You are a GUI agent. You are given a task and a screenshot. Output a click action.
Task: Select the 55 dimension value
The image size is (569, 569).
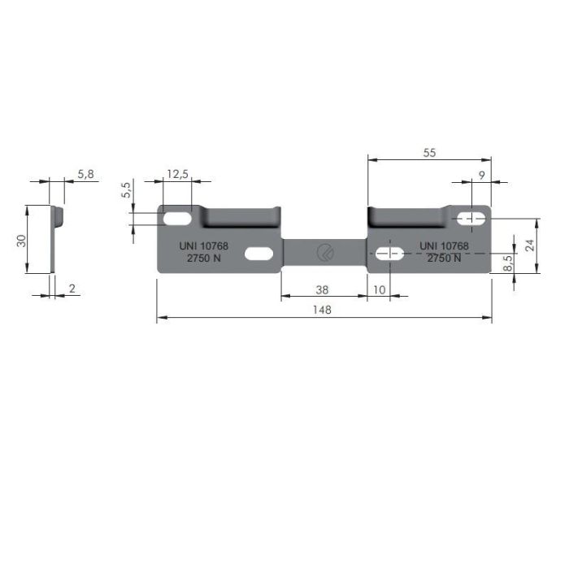point(429,152)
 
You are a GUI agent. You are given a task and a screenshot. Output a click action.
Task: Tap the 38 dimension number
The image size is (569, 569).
point(322,289)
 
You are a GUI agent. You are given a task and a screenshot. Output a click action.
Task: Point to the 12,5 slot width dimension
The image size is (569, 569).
point(177,174)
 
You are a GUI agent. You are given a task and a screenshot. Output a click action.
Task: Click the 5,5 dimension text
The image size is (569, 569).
point(126,190)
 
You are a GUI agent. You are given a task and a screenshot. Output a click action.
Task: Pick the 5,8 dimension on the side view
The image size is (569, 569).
point(86,174)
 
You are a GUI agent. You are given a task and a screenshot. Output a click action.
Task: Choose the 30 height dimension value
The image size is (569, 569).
point(22,240)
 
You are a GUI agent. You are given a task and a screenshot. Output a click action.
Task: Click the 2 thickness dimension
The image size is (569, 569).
point(72,289)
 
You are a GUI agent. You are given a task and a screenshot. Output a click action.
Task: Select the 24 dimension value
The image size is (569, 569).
point(530,245)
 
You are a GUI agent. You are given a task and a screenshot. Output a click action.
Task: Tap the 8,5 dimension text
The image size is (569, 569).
point(507,263)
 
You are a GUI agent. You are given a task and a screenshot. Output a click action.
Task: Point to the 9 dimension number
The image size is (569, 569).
point(482,175)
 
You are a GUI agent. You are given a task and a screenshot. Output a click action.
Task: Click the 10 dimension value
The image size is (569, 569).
point(379,289)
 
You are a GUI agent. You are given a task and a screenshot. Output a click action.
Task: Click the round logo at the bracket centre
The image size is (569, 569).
point(324,252)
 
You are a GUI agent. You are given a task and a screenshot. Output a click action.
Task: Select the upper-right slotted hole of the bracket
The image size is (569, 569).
point(471,218)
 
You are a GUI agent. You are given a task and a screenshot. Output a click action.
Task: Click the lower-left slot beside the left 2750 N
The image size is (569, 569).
point(258,254)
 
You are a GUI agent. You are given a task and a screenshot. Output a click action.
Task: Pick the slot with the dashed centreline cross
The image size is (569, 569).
point(390,254)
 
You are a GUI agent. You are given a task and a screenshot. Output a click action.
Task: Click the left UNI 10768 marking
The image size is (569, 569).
point(203,245)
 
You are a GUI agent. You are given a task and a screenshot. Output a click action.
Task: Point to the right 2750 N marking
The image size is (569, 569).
point(444,258)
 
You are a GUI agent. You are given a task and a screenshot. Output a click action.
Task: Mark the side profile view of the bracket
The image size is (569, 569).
point(55,238)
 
